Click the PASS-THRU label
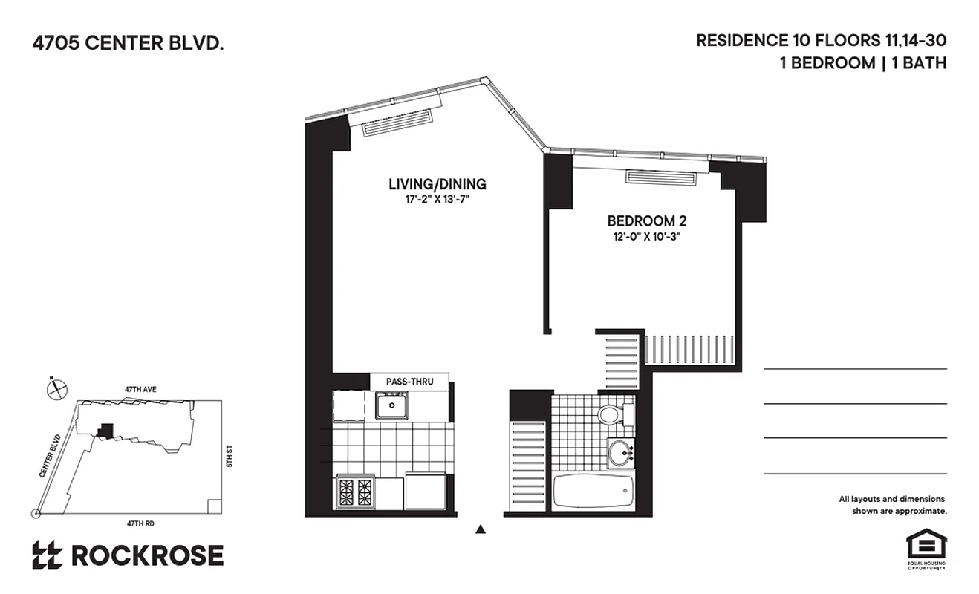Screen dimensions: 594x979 click(x=409, y=382)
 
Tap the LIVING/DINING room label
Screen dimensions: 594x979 click(x=437, y=184)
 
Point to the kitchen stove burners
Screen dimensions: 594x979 click(x=354, y=491)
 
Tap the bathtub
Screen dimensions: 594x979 click(x=593, y=492)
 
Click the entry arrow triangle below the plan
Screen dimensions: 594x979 click(x=481, y=529)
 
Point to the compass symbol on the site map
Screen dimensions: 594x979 click(x=56, y=388)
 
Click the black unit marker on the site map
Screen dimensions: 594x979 click(x=107, y=430)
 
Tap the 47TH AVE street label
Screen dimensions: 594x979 click(x=140, y=388)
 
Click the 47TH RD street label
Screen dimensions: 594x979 click(x=140, y=523)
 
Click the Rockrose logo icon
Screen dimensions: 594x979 click(x=47, y=555)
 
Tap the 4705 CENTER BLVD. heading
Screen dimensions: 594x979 click(x=128, y=44)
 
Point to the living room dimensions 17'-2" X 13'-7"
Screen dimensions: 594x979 click(x=437, y=199)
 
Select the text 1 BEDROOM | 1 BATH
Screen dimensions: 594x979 click(x=862, y=63)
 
